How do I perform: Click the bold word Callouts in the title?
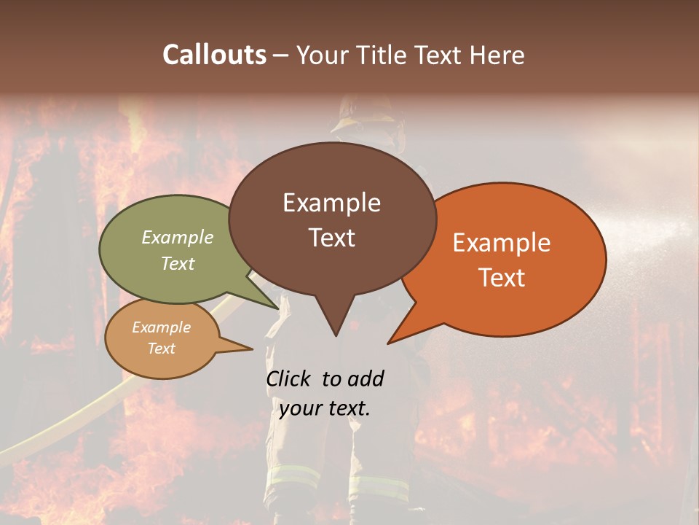pyautogui.click(x=215, y=55)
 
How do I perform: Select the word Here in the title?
pyautogui.click(x=498, y=55)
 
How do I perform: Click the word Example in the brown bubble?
pyautogui.click(x=331, y=203)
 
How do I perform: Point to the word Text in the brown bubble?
pyautogui.click(x=331, y=238)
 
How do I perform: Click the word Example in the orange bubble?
pyautogui.click(x=502, y=243)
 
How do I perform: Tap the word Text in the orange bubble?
pyautogui.click(x=502, y=278)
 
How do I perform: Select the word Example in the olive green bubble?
pyautogui.click(x=178, y=238)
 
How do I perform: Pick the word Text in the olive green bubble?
pyautogui.click(x=178, y=263)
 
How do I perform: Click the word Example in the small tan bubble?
pyautogui.click(x=161, y=327)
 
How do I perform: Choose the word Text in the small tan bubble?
pyautogui.click(x=161, y=349)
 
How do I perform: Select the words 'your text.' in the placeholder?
pyautogui.click(x=325, y=408)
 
